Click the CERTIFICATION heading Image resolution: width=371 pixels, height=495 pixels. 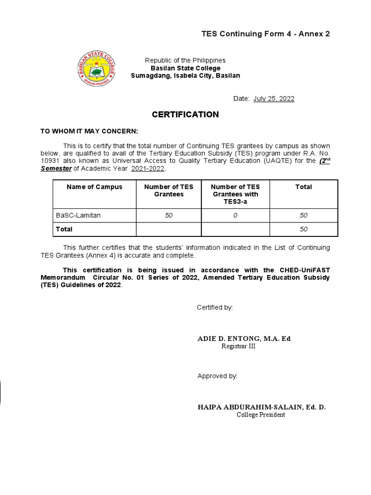click(185, 115)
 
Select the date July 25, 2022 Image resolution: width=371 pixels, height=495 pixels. click(274, 99)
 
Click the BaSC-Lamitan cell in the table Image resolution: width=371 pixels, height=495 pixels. click(79, 216)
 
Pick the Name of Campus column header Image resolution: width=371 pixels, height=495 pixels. click(95, 187)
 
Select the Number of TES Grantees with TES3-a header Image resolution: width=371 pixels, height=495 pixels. click(235, 194)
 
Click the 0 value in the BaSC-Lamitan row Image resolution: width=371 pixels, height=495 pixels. click(235, 216)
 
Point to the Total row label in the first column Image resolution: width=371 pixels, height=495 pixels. click(64, 229)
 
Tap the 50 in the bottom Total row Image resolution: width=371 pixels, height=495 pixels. click(303, 229)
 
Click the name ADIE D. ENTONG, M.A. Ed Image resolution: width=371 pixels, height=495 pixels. click(244, 338)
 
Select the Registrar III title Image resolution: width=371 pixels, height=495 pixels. click(238, 346)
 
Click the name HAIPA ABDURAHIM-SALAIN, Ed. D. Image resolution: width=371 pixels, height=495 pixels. click(261, 407)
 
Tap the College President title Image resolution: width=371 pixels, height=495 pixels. click(261, 415)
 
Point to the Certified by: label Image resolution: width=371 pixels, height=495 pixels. click(215, 307)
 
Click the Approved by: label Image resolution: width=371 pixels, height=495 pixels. click(217, 376)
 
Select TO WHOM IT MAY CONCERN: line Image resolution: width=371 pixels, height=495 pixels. click(89, 131)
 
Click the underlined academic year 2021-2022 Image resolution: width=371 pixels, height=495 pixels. click(148, 168)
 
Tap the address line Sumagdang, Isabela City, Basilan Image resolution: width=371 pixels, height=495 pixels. click(185, 76)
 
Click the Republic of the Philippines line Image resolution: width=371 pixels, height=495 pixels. click(185, 60)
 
